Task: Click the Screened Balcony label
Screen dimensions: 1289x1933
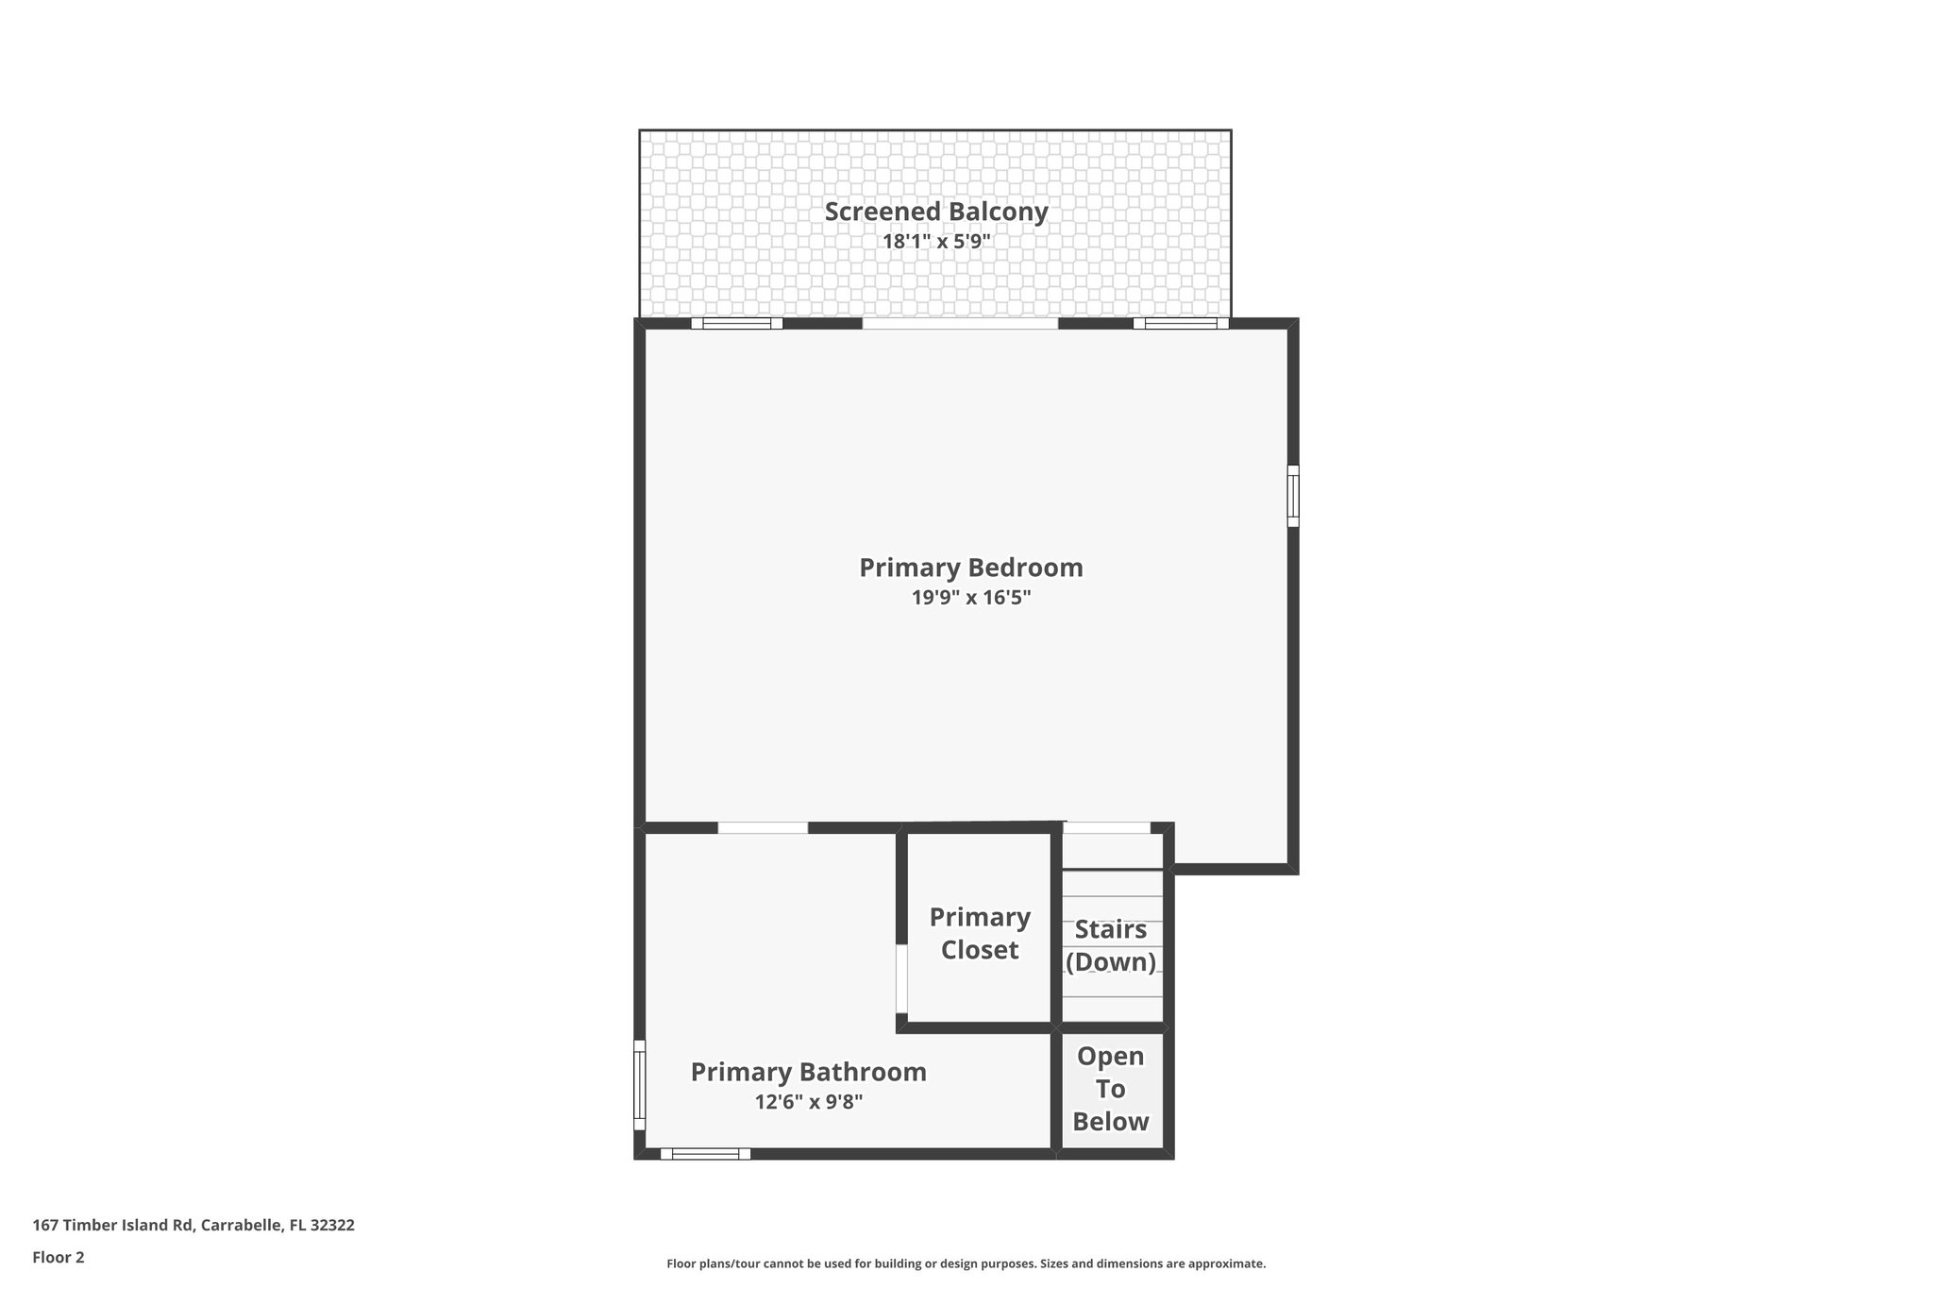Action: click(x=935, y=212)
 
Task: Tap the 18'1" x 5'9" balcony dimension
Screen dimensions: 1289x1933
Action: click(x=935, y=242)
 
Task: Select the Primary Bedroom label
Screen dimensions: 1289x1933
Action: click(x=970, y=568)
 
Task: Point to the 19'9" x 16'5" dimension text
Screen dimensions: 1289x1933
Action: click(x=970, y=598)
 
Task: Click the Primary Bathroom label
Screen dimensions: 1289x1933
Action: click(x=808, y=1072)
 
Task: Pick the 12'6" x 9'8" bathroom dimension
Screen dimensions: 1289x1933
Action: click(x=808, y=1102)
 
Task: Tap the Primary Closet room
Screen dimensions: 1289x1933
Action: click(x=979, y=933)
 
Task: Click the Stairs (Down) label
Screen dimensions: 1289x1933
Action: click(x=1110, y=945)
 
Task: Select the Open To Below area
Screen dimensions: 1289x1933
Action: click(x=1110, y=1089)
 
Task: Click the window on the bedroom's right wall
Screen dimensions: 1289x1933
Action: click(x=1293, y=496)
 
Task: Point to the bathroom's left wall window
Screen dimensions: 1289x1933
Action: click(x=639, y=1084)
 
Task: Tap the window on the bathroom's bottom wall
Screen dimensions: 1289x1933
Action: click(x=705, y=1153)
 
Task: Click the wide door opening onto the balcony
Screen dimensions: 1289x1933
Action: click(x=960, y=323)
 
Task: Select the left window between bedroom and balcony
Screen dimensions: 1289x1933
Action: click(x=736, y=323)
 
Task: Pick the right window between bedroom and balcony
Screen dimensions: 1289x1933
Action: click(x=1180, y=323)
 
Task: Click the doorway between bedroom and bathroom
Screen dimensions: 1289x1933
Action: click(x=763, y=828)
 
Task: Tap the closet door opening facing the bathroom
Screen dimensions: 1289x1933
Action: click(x=901, y=978)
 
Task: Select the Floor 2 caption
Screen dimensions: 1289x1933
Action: click(x=59, y=1257)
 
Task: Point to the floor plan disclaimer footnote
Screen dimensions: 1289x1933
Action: click(x=966, y=1264)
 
